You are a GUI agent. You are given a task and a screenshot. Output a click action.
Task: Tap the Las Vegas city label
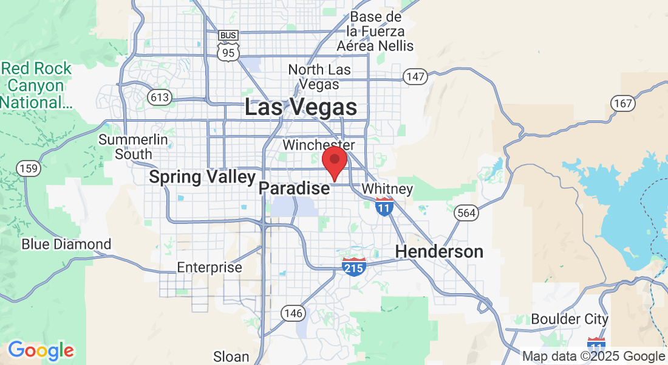point(301,108)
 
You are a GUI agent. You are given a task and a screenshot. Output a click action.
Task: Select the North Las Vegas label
point(319,77)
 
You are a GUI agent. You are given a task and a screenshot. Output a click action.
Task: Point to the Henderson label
point(439,251)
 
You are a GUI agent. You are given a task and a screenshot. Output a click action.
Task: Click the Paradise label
point(295,189)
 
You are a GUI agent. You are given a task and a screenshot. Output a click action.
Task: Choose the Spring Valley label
point(202,177)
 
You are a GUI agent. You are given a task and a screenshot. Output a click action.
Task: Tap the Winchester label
point(318,145)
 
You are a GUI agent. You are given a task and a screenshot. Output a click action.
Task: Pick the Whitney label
point(387,189)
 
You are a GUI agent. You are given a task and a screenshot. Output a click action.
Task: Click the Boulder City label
point(569,319)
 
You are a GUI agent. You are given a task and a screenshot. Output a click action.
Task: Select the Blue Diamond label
point(66,245)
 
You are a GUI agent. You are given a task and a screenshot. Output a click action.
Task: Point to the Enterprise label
point(210,268)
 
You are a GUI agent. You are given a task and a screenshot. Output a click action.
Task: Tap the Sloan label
point(231,356)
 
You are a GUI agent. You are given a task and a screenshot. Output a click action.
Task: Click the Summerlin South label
point(133,147)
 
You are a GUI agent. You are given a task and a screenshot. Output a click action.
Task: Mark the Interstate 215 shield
point(354,266)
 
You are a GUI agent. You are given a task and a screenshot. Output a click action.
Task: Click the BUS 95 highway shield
point(228,46)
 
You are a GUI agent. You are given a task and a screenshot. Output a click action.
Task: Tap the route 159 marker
point(29,169)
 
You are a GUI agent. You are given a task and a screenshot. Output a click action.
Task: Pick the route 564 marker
point(466,213)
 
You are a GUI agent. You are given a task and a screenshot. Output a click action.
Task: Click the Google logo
point(41,350)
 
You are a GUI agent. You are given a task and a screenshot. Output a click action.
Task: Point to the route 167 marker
point(623,103)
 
